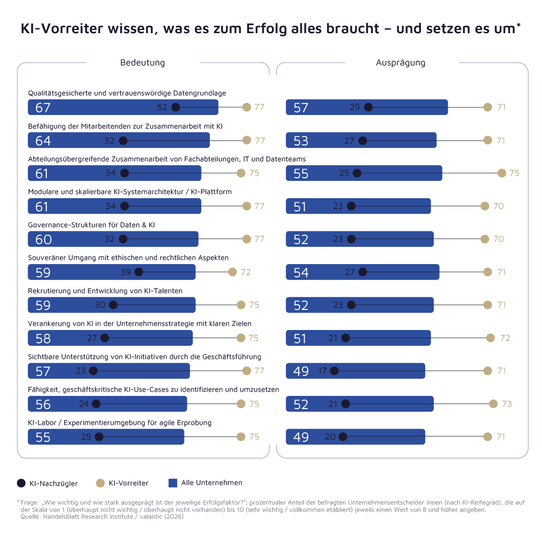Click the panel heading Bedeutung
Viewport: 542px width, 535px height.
tap(142, 63)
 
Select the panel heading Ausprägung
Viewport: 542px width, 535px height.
tap(401, 63)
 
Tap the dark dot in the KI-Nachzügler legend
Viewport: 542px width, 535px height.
tap(21, 483)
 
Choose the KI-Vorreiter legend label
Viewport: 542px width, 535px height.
tap(128, 483)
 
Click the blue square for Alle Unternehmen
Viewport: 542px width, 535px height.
tap(173, 483)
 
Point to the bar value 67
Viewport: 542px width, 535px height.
tap(43, 108)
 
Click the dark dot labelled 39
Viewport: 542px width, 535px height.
tap(139, 272)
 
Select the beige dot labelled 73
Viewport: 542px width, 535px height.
tap(493, 404)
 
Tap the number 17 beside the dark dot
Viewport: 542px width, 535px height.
tap(322, 371)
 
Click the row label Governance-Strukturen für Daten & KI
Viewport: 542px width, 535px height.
tap(91, 225)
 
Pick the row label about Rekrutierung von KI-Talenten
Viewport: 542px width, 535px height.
tap(105, 291)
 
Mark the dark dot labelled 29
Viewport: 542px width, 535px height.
tap(368, 107)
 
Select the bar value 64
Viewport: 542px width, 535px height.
tap(43, 141)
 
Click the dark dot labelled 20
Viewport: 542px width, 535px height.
tap(343, 437)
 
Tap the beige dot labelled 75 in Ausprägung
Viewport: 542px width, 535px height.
tap(502, 173)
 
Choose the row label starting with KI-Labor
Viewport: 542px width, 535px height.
tap(120, 423)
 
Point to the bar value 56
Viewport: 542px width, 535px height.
tap(43, 405)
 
